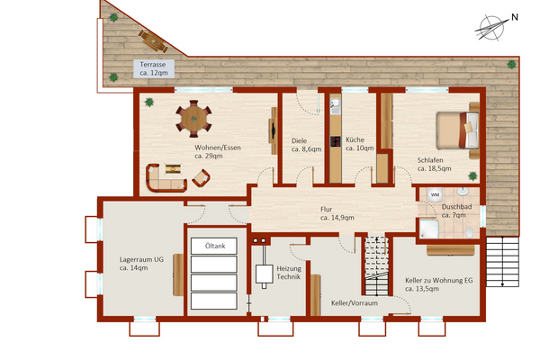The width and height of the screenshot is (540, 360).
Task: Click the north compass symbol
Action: [490, 27]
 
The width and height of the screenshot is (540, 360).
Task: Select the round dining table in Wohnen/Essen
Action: [194, 116]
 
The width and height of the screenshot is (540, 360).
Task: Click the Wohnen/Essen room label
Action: [217, 151]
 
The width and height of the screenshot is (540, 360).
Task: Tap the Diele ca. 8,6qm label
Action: [306, 145]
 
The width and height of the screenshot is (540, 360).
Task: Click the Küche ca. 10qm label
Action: [359, 145]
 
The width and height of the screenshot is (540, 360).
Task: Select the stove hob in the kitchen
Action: [335, 140]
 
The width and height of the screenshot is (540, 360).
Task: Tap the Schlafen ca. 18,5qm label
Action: [434, 165]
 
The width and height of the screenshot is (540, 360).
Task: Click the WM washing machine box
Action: [435, 194]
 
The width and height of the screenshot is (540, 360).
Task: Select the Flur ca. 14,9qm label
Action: [337, 213]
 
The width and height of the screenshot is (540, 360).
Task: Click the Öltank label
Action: [214, 246]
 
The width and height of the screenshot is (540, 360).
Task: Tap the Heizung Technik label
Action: [288, 273]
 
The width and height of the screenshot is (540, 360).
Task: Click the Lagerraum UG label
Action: [141, 264]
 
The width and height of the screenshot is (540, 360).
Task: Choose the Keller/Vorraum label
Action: [354, 303]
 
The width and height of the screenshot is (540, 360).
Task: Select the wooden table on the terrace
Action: [152, 40]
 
